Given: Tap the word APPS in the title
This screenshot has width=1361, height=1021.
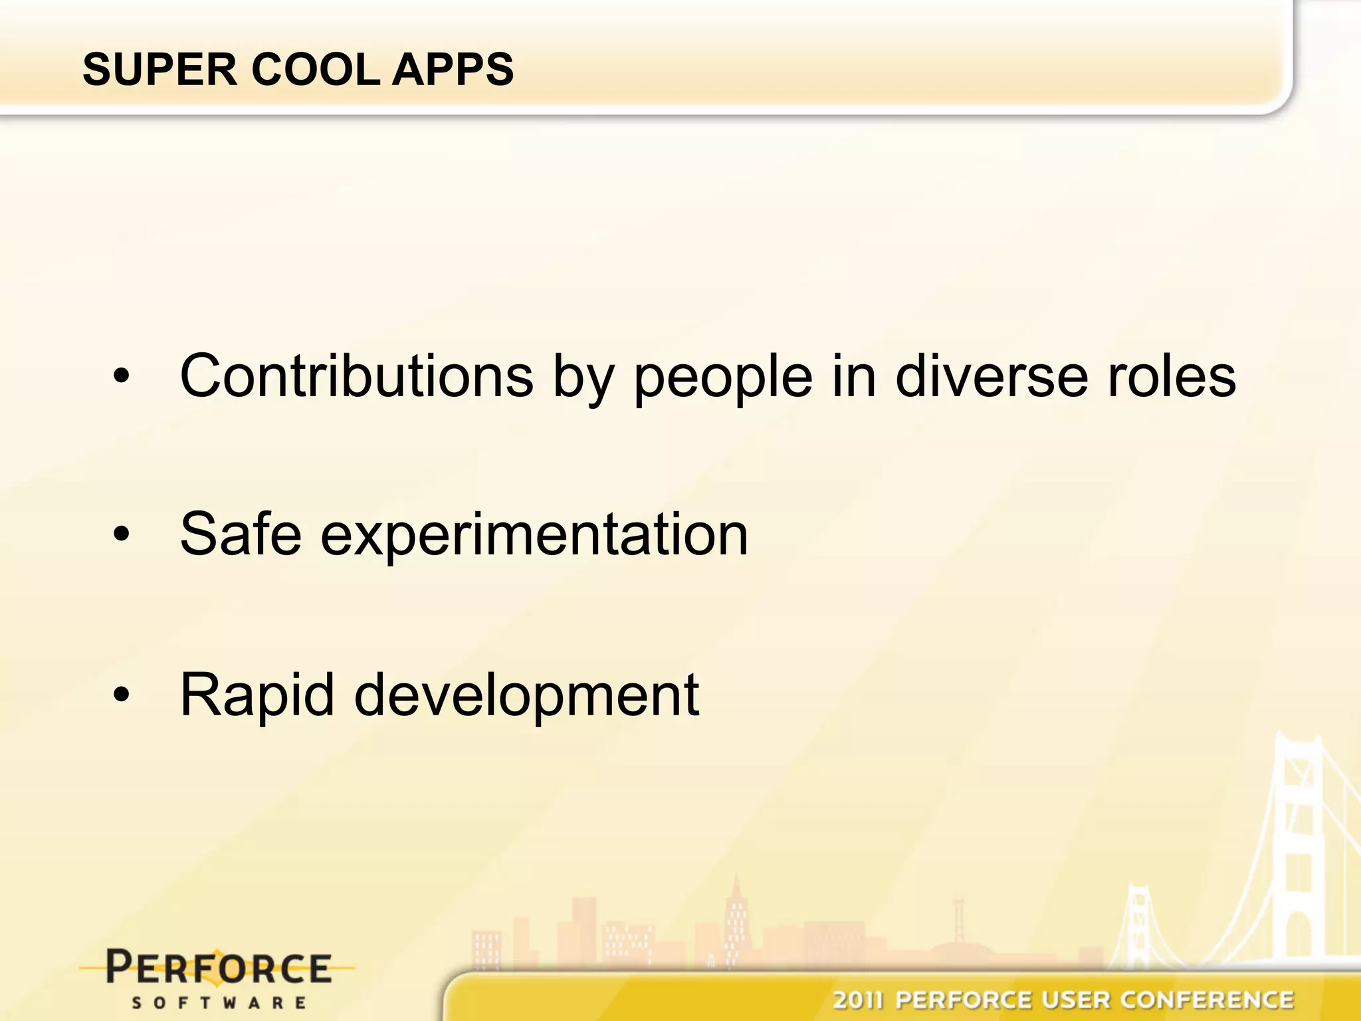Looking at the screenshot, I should (453, 69).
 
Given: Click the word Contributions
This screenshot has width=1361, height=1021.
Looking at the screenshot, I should (356, 376).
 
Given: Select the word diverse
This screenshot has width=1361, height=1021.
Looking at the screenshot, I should (991, 376).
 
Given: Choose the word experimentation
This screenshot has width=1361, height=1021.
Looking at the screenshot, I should (534, 536).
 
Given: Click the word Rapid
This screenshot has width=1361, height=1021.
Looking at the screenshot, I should (257, 695).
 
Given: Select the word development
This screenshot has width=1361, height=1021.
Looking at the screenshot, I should (526, 695).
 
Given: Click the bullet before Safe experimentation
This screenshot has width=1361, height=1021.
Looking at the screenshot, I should (122, 534).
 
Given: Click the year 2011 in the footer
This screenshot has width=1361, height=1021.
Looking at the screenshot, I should (858, 1000).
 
